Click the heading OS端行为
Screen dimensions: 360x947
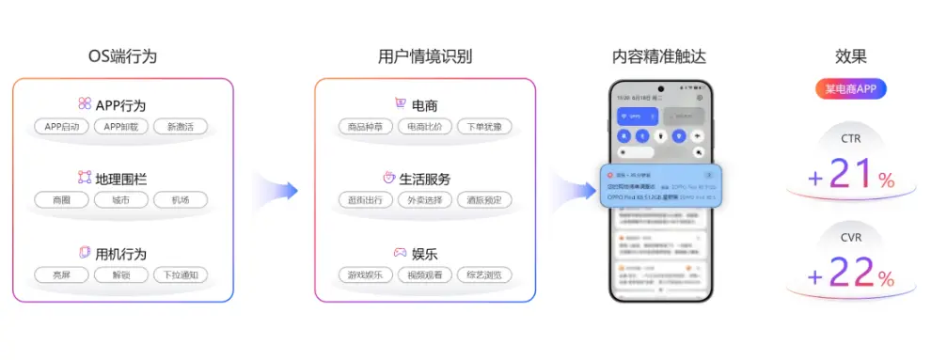(x=122, y=56)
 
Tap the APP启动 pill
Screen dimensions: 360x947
(x=63, y=127)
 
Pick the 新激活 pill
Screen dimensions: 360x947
(x=181, y=127)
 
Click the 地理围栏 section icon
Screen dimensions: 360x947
(x=84, y=178)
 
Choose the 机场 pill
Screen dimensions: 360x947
(x=181, y=200)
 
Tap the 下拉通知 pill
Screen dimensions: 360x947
(x=181, y=275)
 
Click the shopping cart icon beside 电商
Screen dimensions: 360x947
(x=401, y=104)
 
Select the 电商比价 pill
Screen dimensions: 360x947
(x=425, y=127)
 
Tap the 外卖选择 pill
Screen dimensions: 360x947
(x=425, y=200)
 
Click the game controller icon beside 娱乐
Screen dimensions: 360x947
(x=400, y=253)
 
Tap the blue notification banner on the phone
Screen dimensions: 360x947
(x=660, y=186)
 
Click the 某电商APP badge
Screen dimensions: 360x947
(x=850, y=90)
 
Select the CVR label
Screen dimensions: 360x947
(x=850, y=238)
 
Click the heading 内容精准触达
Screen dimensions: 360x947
(x=658, y=56)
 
